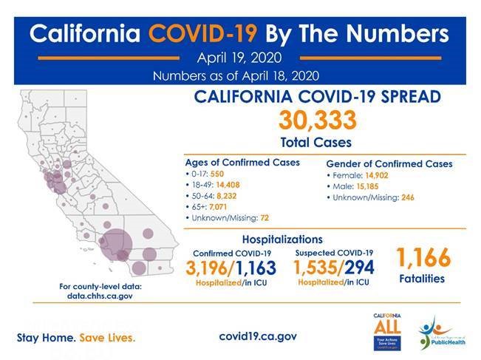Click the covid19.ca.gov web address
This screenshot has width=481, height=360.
(x=258, y=335)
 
